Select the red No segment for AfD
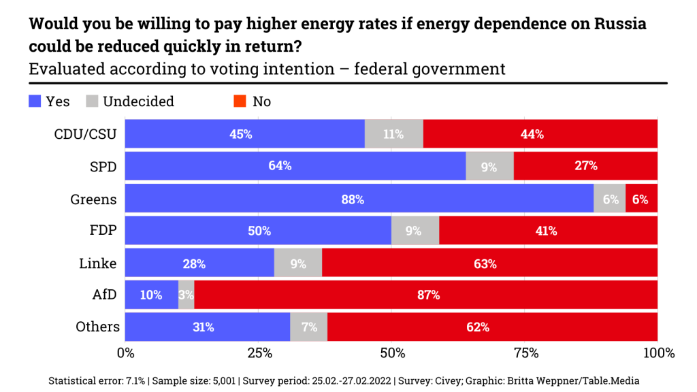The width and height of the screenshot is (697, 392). (425, 295)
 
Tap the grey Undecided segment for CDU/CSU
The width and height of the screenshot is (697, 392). (393, 134)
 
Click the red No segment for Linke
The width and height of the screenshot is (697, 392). (489, 263)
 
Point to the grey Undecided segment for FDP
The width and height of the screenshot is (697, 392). (415, 231)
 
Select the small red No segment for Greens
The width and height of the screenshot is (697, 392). (641, 199)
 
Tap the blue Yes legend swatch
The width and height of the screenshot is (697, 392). (35, 101)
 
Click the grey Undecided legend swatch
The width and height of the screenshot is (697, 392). (93, 101)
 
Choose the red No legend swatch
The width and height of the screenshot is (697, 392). (240, 101)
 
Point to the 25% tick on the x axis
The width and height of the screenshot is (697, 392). (259, 353)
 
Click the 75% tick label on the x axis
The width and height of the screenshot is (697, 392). (525, 353)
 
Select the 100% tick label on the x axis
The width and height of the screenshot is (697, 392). (658, 353)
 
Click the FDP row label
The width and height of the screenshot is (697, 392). (103, 231)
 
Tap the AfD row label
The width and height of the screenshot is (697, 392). (103, 295)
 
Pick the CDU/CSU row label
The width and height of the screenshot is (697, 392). (85, 134)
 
